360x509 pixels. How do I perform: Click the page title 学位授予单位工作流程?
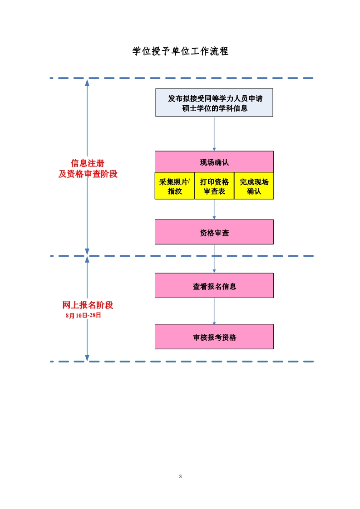click(x=180, y=51)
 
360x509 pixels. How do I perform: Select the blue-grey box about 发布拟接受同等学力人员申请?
click(x=214, y=103)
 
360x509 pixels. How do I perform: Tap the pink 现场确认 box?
click(x=214, y=162)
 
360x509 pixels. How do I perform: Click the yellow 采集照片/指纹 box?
click(x=175, y=186)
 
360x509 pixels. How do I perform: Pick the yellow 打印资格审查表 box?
click(x=214, y=186)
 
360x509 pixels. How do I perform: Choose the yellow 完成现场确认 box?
click(x=254, y=186)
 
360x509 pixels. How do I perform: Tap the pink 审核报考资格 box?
click(x=214, y=337)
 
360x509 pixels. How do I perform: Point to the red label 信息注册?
click(x=87, y=163)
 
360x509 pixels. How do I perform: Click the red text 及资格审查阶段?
click(x=88, y=174)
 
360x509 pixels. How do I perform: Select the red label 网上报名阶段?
click(x=88, y=305)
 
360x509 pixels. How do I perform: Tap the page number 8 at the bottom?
click(x=180, y=476)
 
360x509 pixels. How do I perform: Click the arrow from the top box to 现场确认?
click(x=214, y=134)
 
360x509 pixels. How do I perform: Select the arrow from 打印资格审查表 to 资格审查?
click(x=214, y=210)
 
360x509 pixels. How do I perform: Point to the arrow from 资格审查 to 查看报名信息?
click(x=214, y=259)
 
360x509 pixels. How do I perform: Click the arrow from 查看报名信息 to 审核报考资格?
click(x=214, y=311)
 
